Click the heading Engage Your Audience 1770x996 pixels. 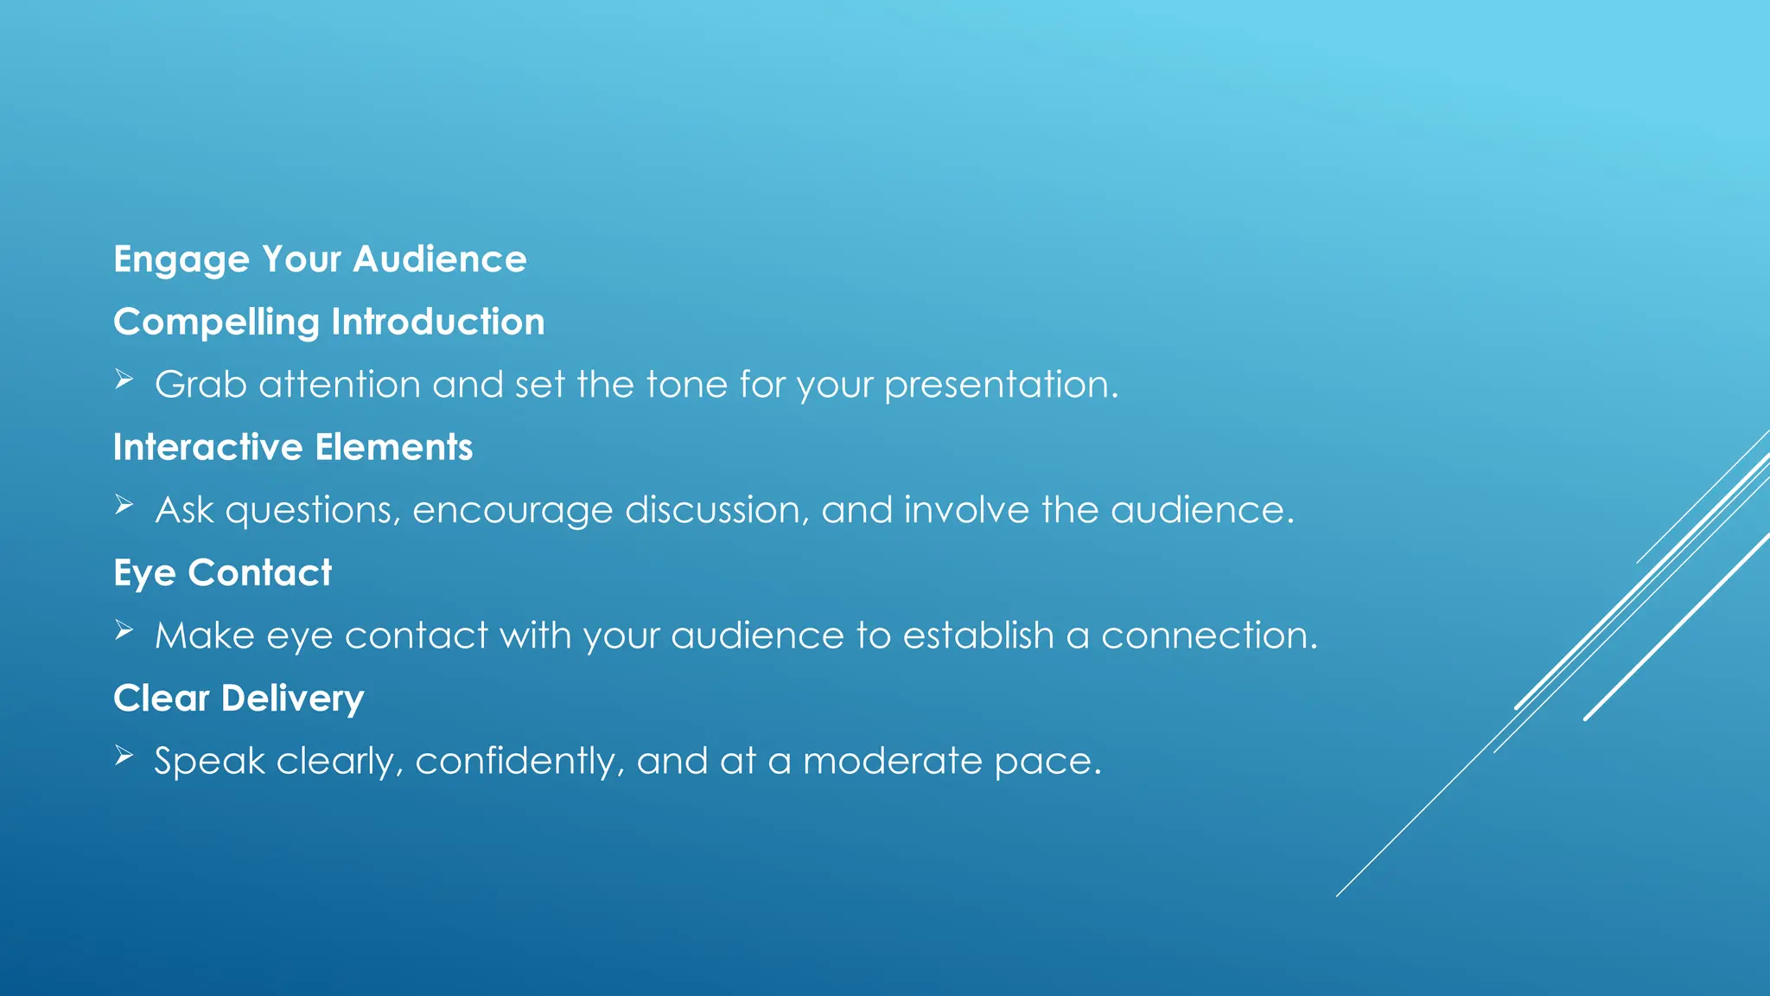[320, 259]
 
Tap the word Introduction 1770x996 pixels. [438, 322]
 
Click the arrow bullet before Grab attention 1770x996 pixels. [124, 380]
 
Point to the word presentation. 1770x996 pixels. [1001, 385]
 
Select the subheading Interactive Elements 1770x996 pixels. [293, 447]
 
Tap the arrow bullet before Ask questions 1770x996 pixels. [124, 505]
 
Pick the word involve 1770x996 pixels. [966, 510]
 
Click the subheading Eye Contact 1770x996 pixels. [222, 572]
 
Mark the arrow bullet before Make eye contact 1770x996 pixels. [124, 630]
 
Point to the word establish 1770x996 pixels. [978, 635]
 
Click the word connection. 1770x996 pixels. [1208, 635]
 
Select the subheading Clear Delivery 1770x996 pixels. [239, 699]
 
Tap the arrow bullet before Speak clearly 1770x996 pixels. [124, 756]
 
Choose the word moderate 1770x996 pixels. [892, 761]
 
